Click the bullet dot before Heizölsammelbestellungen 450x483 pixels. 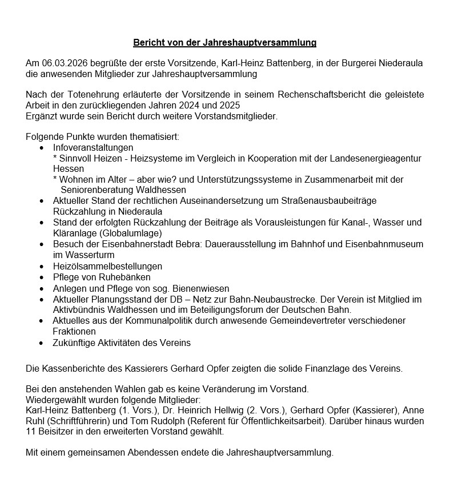click(42, 267)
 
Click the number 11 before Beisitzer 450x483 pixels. click(31, 432)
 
